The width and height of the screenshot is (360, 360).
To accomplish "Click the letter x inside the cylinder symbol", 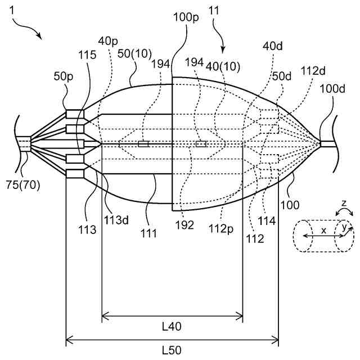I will (323, 230).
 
